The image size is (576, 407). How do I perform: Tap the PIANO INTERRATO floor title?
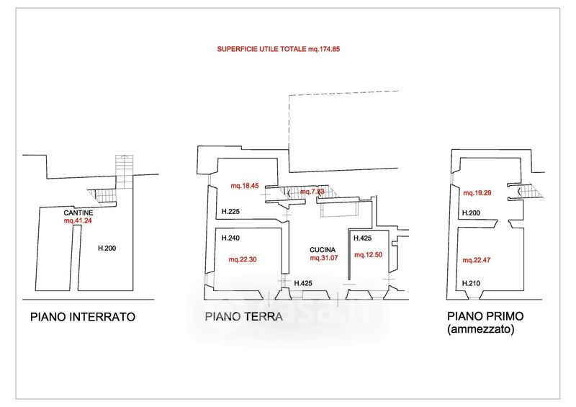pos(83,316)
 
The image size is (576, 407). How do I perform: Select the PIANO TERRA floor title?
pos(243,316)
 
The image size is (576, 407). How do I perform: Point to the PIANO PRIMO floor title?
pos(485,316)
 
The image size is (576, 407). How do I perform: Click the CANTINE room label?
pos(77,213)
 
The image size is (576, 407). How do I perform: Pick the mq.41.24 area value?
pos(78,221)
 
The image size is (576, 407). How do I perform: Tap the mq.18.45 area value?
pos(244,186)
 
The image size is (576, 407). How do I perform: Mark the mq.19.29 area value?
pos(478,193)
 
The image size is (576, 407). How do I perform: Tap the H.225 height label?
pos(230,212)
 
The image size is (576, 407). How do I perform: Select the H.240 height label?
pos(230,238)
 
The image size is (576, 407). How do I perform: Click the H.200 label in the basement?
pos(107,249)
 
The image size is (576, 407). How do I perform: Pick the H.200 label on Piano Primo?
pos(472,213)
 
